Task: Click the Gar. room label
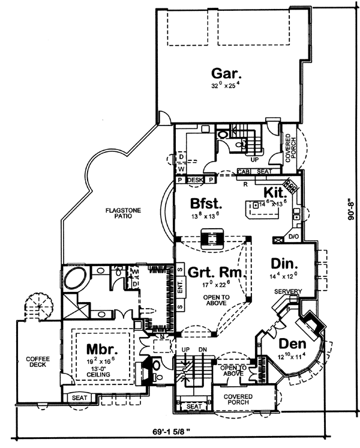(x=227, y=74)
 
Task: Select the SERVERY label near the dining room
(x=288, y=292)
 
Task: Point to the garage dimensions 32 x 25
(x=226, y=86)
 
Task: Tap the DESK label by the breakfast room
(x=196, y=180)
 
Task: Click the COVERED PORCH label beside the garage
(x=289, y=148)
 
